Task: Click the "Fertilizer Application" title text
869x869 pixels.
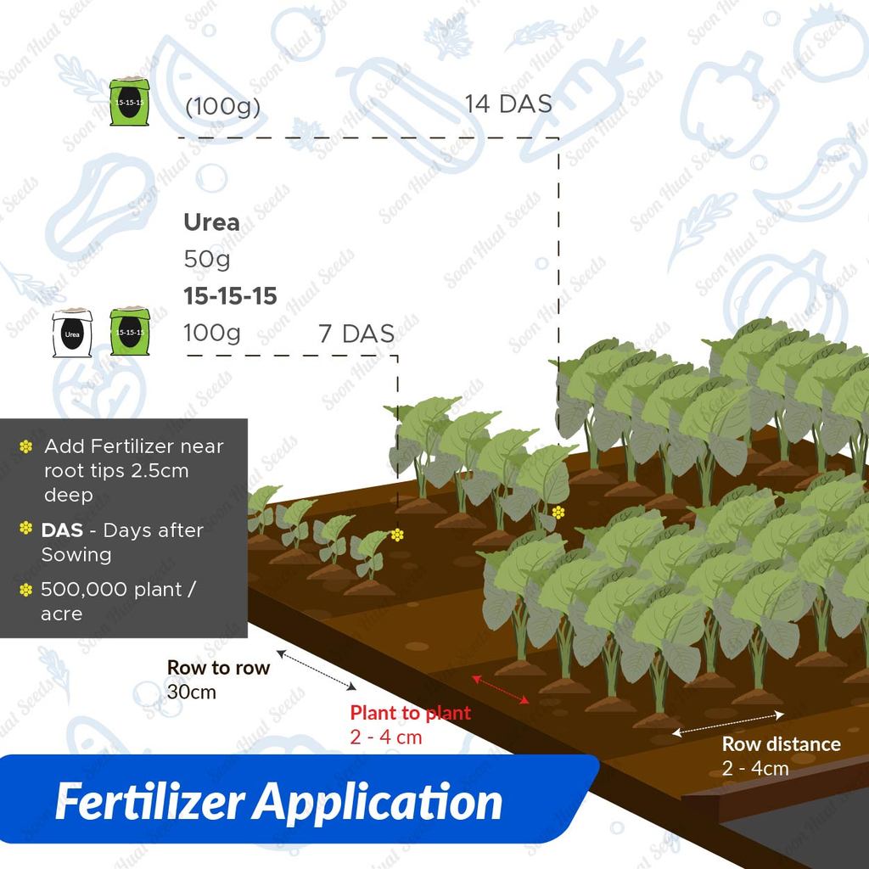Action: click(278, 801)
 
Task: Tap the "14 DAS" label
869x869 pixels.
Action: click(507, 104)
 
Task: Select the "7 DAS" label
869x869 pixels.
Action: click(356, 334)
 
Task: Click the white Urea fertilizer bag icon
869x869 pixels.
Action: click(71, 333)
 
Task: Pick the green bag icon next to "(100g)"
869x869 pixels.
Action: click(130, 103)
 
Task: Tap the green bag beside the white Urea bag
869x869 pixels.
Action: click(129, 332)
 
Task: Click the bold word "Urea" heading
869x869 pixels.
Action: click(211, 223)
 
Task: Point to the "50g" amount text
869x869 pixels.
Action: click(207, 259)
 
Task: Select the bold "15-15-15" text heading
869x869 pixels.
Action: click(230, 296)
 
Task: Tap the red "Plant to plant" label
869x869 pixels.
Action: click(410, 713)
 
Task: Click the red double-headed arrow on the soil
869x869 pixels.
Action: click(502, 688)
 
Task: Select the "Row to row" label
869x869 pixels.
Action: click(218, 667)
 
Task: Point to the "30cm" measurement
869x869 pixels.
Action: click(191, 692)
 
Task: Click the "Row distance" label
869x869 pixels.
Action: click(781, 744)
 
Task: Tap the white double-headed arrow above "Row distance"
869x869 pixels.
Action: click(728, 721)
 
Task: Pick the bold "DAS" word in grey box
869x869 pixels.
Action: click(62, 530)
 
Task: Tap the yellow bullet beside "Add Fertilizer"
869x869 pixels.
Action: click(26, 446)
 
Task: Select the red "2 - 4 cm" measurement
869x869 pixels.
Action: click(385, 737)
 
